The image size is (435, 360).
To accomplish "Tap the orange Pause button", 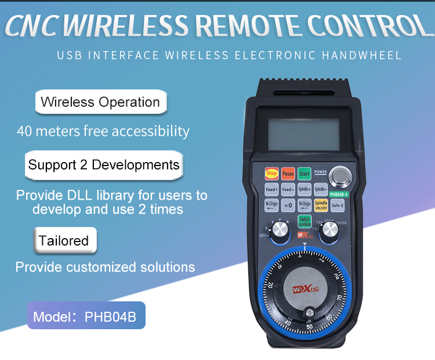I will coord(288,174).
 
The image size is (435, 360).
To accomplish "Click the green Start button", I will coord(304,174).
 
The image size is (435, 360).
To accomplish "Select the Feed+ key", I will coord(271,189).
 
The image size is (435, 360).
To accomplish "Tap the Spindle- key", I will coord(321,189).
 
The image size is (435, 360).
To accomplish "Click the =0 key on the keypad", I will coord(288,204).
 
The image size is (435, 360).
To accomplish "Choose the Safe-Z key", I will coord(338,204).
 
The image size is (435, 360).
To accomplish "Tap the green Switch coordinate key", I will coord(304,221).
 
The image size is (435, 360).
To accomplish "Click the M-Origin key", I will coord(271,204).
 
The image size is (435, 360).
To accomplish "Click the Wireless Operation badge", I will coord(100,102).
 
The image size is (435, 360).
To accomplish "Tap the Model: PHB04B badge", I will coord(86,317).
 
